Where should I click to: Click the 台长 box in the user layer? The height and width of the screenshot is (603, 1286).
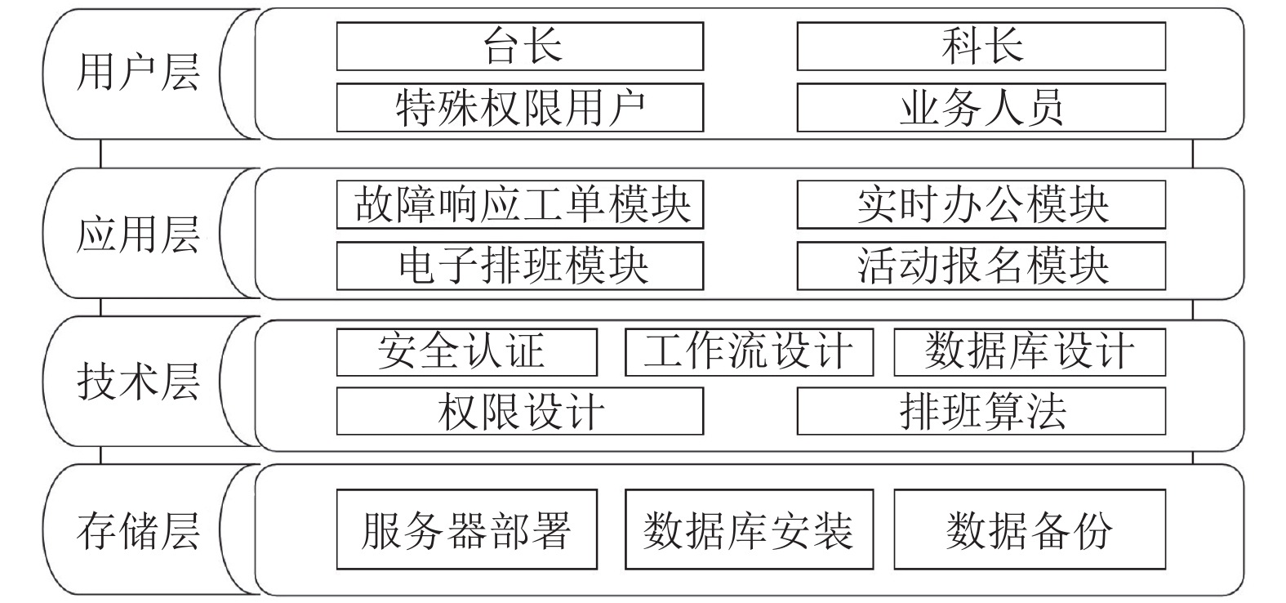coord(520,47)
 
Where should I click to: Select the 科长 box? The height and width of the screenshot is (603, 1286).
coord(981,47)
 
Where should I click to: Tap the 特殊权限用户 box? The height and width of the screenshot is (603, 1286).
coord(520,107)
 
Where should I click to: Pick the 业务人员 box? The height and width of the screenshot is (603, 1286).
coord(981,107)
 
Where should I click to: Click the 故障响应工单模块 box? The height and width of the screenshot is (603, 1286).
coord(520,205)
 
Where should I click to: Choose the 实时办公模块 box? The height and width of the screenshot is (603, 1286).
coord(981,205)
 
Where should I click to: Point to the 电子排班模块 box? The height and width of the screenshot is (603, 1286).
coord(520,266)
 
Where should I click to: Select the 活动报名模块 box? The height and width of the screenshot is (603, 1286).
coord(981,266)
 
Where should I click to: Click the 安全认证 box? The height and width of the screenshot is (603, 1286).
coord(467,352)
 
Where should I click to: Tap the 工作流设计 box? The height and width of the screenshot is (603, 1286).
coord(750,352)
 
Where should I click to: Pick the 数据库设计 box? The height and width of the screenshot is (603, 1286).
coord(1030,352)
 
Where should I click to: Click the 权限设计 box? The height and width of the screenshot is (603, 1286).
coord(520,411)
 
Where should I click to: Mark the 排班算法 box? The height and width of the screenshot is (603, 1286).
coord(981,411)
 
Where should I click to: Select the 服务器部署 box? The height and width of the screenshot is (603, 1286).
coord(467,529)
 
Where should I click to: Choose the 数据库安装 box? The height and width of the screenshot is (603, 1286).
coord(750,529)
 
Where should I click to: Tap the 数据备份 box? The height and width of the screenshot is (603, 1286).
coord(1030,529)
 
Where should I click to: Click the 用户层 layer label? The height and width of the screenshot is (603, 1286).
coord(138,73)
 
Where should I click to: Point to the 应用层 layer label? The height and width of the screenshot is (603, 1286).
coord(138,234)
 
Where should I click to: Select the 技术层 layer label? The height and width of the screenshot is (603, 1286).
coord(138,382)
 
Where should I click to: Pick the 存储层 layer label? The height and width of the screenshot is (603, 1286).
coord(138,530)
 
